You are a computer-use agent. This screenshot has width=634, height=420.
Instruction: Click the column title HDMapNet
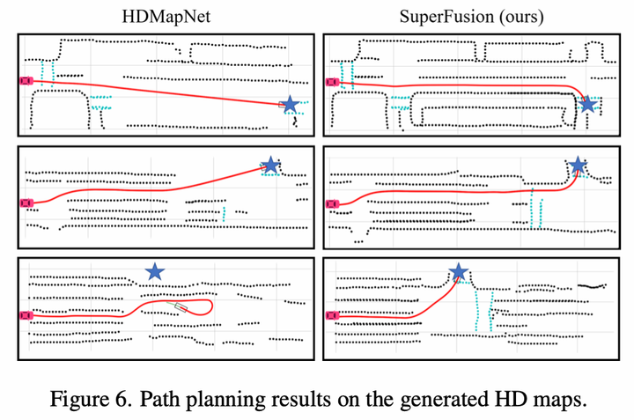point(163,16)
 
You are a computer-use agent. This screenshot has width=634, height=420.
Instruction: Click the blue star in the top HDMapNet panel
point(288,105)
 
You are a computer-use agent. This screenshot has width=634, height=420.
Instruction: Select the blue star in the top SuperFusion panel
point(588,105)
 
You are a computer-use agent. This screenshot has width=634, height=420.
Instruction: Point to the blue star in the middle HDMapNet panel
point(271,165)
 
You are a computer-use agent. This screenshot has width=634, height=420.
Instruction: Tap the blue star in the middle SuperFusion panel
point(578,165)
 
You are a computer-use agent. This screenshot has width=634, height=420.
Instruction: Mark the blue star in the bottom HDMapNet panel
point(155,272)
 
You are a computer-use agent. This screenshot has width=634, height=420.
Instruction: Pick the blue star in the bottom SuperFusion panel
point(458,272)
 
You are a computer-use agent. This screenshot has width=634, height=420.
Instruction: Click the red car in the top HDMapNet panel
point(26,80)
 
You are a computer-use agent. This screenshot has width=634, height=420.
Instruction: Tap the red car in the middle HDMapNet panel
point(26,203)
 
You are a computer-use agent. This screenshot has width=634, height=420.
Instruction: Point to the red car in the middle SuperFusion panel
point(332,203)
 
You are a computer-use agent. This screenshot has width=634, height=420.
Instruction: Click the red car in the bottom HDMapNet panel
point(26,313)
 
